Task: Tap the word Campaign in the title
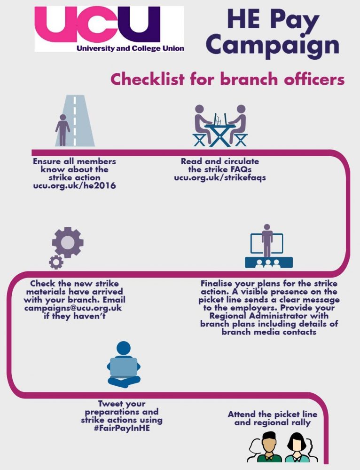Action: [272, 46]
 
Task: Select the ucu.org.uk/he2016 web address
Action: [74, 186]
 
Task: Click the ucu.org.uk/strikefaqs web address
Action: [219, 177]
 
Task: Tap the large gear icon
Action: [68, 243]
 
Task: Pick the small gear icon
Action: [56, 262]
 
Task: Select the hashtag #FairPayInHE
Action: [121, 428]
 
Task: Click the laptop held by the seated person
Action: [124, 367]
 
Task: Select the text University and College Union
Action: [130, 48]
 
